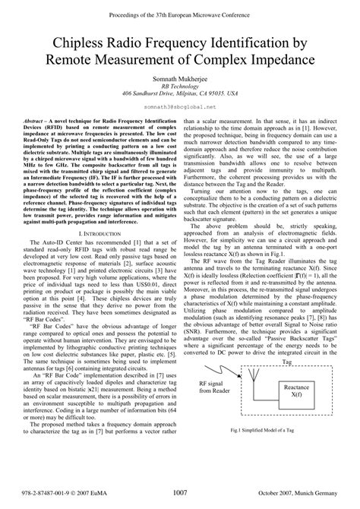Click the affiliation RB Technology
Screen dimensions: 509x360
[x=180, y=85]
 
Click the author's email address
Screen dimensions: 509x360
[x=180, y=109]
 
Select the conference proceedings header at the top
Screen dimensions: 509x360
[x=180, y=7]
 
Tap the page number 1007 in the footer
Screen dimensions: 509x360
[x=180, y=493]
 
